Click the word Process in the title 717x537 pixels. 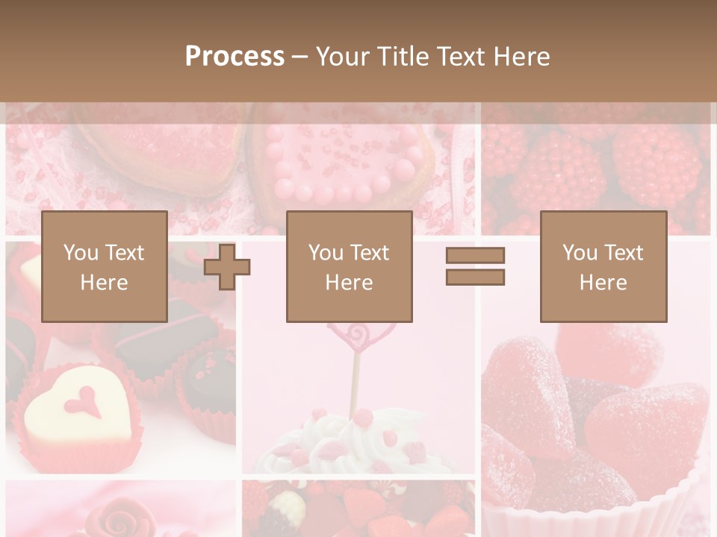235,57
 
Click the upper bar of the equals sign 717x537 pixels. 475,255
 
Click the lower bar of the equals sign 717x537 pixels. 475,277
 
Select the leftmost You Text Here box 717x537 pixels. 104,266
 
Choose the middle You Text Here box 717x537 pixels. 349,266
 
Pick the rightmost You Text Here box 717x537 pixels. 603,266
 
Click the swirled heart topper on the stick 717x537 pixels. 356,335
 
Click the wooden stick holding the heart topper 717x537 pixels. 356,384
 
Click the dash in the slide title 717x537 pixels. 299,57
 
